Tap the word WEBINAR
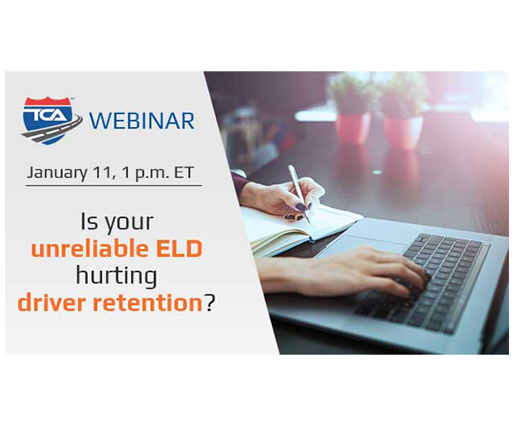142,121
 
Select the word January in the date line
57,173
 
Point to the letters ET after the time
184,172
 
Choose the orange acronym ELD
179,249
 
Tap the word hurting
116,276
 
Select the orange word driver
51,303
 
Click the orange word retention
148,303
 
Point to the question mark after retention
209,303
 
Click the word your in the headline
129,223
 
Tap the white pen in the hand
298,193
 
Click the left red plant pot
352,128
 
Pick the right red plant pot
403,132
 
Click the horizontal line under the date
114,186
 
